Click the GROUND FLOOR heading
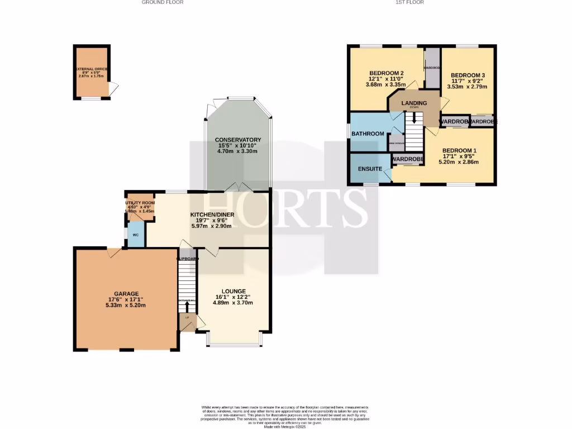tap(163, 2)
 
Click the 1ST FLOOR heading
tap(409, 2)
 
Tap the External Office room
tap(92, 73)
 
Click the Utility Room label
tap(140, 203)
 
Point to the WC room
tap(136, 235)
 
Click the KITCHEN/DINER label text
tap(212, 214)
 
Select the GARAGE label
tap(126, 293)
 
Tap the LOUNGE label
tap(233, 291)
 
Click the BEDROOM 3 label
tap(468, 75)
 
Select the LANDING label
tap(414, 103)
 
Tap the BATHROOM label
tap(368, 134)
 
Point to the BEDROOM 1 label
tap(459, 150)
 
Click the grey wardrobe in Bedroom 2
tap(432, 67)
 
